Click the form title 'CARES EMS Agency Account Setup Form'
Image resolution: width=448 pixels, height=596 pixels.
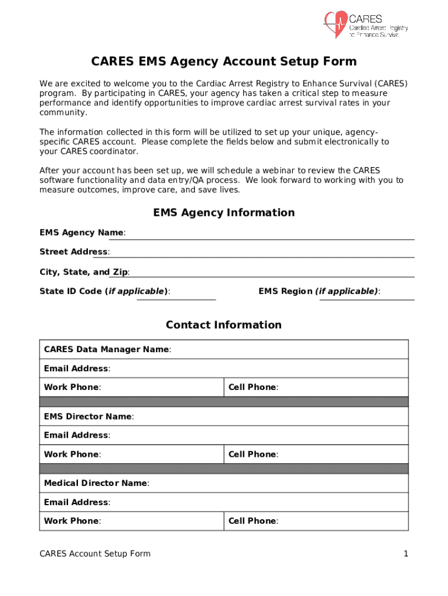[x=223, y=62]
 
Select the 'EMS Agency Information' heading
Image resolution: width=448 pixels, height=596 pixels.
[x=223, y=212]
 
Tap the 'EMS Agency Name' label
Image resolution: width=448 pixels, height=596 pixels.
[x=81, y=233]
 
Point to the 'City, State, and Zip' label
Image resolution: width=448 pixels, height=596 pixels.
[x=84, y=272]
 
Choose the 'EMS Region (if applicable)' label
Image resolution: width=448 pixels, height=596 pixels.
[x=319, y=291]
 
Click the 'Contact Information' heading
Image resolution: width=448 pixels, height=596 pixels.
[x=223, y=325]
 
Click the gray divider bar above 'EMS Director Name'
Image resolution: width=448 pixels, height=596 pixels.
[x=223, y=402]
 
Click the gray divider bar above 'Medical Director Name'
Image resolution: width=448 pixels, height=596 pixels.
[x=223, y=469]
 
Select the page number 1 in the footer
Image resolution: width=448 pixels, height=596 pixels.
[x=406, y=554]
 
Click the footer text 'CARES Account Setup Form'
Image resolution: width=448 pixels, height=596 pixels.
[x=95, y=554]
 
